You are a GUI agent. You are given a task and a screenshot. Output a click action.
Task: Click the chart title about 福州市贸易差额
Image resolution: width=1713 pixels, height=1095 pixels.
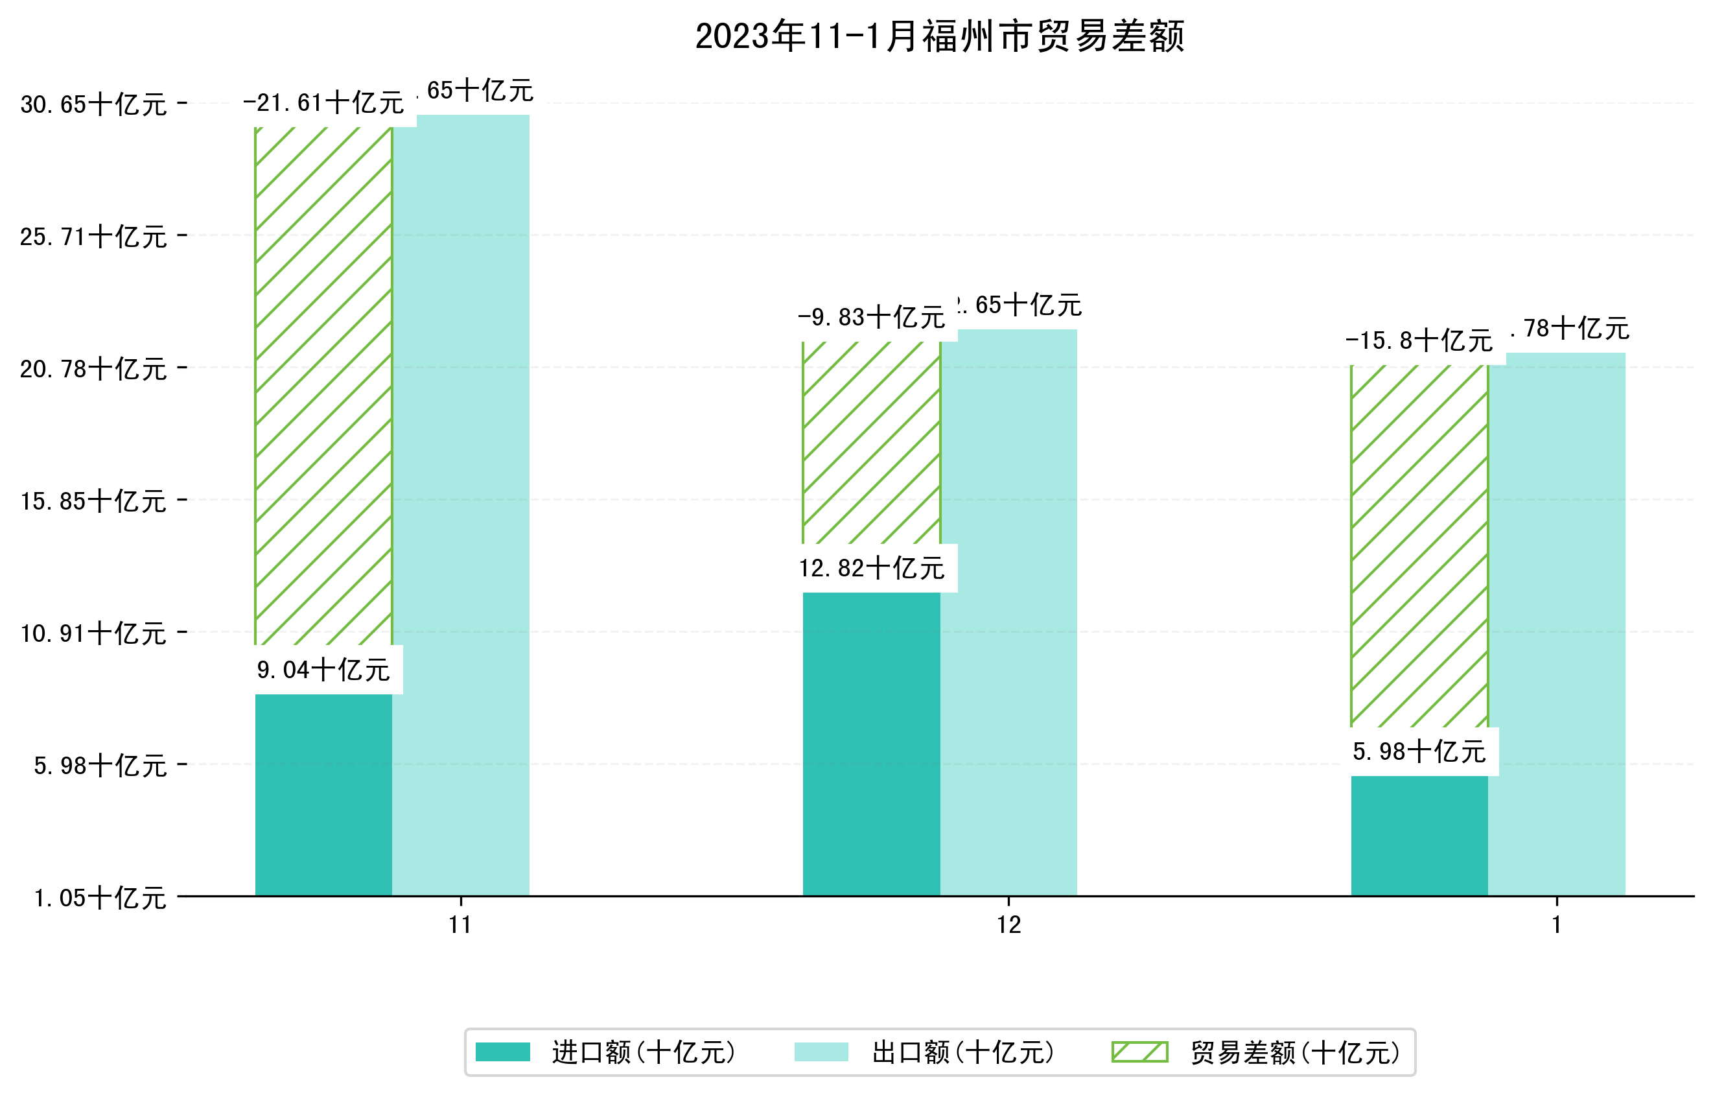[x=939, y=36]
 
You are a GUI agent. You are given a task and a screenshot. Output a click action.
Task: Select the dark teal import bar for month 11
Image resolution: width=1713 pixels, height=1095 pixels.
[x=323, y=794]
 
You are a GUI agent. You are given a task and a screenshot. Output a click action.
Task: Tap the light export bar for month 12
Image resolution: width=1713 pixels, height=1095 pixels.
[x=1008, y=612]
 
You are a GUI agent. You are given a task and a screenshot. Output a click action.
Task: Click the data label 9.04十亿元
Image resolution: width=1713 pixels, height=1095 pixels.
[x=323, y=670]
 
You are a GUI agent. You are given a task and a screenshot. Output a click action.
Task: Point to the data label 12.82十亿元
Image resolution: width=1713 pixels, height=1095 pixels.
[x=872, y=568]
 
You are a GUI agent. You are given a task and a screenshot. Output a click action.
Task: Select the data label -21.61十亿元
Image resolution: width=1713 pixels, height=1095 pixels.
[x=323, y=103]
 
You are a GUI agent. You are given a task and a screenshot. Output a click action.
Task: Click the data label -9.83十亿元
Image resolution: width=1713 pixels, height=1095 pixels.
[x=872, y=317]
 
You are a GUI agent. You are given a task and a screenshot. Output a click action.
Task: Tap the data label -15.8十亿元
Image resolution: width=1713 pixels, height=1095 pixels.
[x=1419, y=341]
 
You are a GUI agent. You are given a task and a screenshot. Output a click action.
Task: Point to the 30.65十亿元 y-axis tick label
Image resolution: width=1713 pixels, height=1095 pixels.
[x=93, y=104]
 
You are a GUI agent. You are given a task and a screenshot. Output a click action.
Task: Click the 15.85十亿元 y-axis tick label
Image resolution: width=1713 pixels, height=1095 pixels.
[x=93, y=501]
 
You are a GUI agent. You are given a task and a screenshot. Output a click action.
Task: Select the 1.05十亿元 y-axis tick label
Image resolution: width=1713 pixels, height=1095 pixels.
[x=100, y=897]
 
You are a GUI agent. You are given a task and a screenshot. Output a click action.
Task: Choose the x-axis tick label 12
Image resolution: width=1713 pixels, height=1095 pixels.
[x=1008, y=925]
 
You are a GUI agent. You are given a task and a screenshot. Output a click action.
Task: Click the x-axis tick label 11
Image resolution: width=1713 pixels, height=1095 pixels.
[x=460, y=925]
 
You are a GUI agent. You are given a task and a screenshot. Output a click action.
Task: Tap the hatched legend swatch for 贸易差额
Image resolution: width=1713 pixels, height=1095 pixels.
[x=1139, y=1052]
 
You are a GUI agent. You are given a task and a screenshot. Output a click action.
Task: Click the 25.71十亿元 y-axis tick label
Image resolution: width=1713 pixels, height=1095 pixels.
[x=93, y=236]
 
